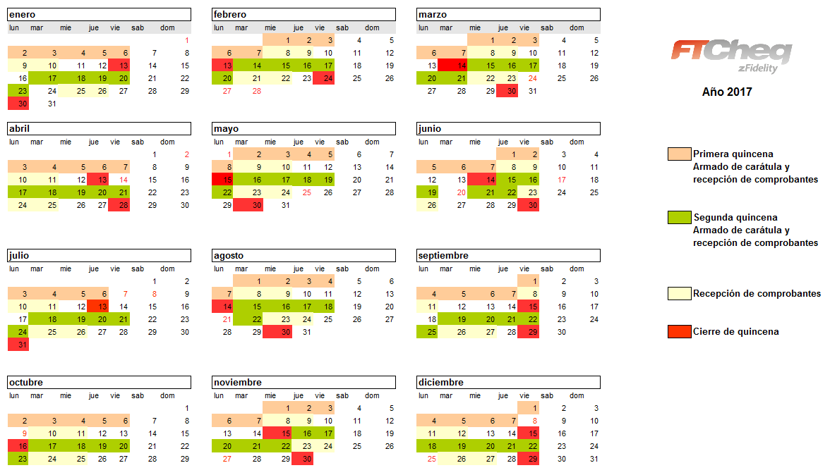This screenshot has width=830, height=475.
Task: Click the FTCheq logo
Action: click(730, 55)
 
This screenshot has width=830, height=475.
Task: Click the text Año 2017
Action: click(727, 92)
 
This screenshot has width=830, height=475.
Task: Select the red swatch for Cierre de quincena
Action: click(679, 331)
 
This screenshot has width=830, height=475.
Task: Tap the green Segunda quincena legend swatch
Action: click(679, 217)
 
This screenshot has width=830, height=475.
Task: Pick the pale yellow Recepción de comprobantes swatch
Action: click(679, 293)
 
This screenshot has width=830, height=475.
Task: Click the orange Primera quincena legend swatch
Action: click(679, 154)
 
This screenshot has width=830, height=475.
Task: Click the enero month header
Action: click(99, 14)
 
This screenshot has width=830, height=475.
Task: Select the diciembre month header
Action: click(508, 382)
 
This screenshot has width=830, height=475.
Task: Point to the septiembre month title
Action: click(508, 255)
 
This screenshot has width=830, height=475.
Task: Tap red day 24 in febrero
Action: click(324, 78)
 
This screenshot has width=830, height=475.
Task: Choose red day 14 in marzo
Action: click(452, 66)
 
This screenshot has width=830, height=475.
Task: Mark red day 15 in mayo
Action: click(223, 180)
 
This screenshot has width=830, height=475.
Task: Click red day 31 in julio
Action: click(18, 345)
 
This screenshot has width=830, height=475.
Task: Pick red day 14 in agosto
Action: click(223, 307)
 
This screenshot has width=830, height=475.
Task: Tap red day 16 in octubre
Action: click(18, 446)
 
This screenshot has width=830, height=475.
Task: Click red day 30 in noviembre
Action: click(303, 459)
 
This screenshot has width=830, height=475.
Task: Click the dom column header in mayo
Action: click(372, 142)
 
